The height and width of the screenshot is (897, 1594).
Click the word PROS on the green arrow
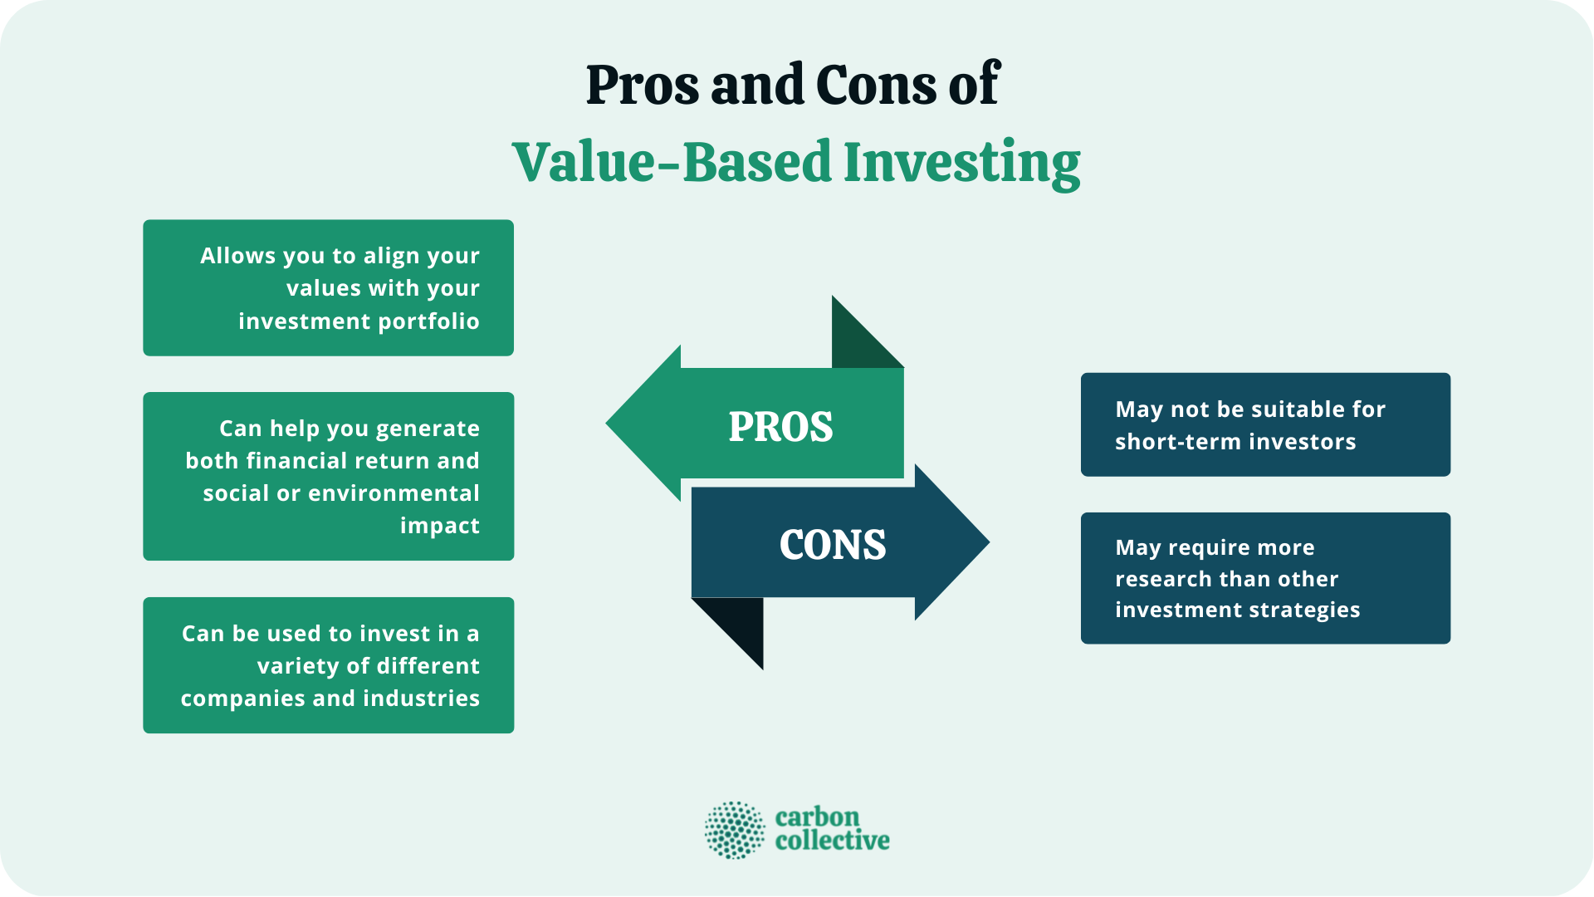coord(780,427)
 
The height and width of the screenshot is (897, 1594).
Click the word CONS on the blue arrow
coord(833,545)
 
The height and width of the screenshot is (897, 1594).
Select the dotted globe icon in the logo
coord(735,830)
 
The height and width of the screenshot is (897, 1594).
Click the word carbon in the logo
coord(817,817)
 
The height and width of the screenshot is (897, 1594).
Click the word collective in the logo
coord(832,841)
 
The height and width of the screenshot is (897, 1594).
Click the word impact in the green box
coord(440,526)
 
